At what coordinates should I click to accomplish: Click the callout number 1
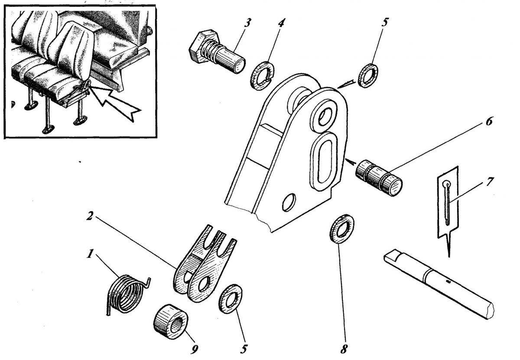(90, 254)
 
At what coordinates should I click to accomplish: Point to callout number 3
(247, 23)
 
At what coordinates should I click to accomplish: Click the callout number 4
(281, 23)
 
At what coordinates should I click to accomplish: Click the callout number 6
(488, 122)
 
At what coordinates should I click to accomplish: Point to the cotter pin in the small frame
(448, 202)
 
